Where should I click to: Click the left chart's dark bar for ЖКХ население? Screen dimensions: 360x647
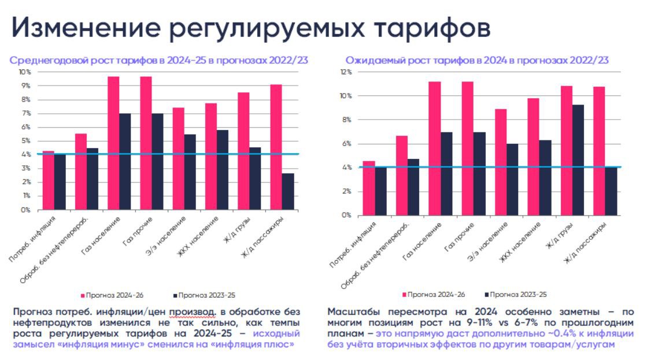click(221, 170)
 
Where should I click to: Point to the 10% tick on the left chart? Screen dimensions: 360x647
click(25, 72)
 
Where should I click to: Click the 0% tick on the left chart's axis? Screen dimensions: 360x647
click(26, 210)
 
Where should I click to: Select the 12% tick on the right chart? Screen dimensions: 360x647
click(346, 72)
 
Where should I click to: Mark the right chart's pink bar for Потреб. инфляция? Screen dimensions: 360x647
click(368, 188)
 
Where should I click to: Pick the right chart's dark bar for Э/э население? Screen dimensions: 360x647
click(512, 179)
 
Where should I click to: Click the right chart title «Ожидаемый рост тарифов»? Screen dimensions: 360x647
click(409, 60)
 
